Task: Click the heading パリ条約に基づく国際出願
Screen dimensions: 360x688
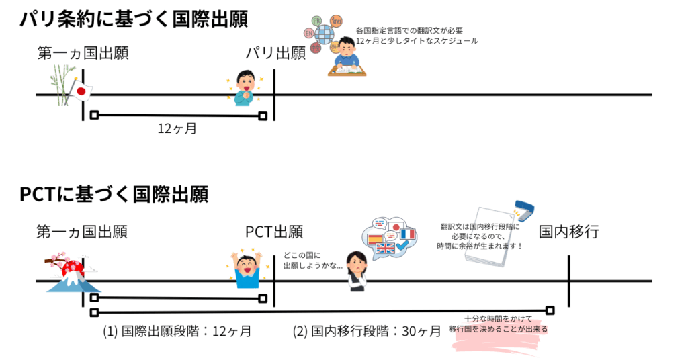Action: tap(134, 19)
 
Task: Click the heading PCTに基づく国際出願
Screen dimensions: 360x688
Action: tap(114, 195)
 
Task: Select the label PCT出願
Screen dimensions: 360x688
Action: tap(273, 232)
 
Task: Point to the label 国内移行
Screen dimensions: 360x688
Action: tap(568, 232)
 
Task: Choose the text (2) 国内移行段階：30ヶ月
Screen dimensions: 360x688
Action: tap(367, 330)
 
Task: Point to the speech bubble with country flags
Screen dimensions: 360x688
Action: tap(389, 238)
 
